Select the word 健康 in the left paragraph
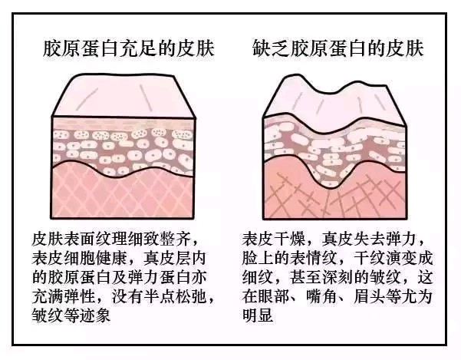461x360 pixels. pyautogui.click(x=112, y=258)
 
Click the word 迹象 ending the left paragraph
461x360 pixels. pyautogui.click(x=95, y=316)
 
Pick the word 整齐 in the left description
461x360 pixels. pyautogui.click(x=176, y=239)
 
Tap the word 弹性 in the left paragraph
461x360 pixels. pyautogui.click(x=81, y=297)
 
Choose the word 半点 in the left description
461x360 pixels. pyautogui.click(x=160, y=297)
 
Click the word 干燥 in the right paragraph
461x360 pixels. pyautogui.click(x=290, y=239)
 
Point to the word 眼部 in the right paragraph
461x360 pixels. pyautogui.click(x=274, y=297)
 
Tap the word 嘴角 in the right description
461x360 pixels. pyautogui.click(x=321, y=297)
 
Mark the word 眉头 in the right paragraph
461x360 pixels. pyautogui.click(x=369, y=297)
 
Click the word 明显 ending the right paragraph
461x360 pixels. pyautogui.click(x=258, y=316)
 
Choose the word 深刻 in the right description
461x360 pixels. pyautogui.click(x=338, y=278)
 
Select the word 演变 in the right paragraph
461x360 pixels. pyautogui.click(x=400, y=258)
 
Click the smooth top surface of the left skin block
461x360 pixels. pyautogui.click(x=123, y=96)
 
